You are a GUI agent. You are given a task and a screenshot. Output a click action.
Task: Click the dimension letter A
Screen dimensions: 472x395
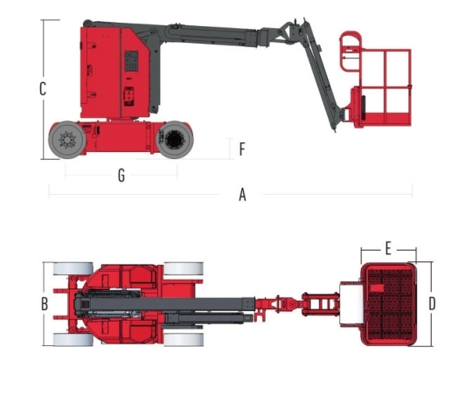click(242, 195)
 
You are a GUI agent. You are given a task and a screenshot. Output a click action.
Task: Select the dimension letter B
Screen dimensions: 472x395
click(45, 304)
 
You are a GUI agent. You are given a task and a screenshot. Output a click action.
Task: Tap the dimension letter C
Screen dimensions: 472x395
click(43, 89)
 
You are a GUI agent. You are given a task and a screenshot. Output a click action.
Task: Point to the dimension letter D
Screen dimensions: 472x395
click(432, 304)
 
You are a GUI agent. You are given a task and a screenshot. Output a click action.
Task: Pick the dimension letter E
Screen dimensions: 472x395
click(388, 249)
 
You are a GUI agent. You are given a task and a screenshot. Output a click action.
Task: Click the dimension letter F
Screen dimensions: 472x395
click(242, 149)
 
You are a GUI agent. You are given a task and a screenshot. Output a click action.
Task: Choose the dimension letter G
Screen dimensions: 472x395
click(121, 176)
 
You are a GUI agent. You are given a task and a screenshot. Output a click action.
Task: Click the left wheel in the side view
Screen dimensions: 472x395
click(67, 140)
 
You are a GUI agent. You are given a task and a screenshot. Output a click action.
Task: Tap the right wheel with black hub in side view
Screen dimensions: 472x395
click(175, 140)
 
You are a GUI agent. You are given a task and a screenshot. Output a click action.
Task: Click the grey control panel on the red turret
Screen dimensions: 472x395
click(131, 61)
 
